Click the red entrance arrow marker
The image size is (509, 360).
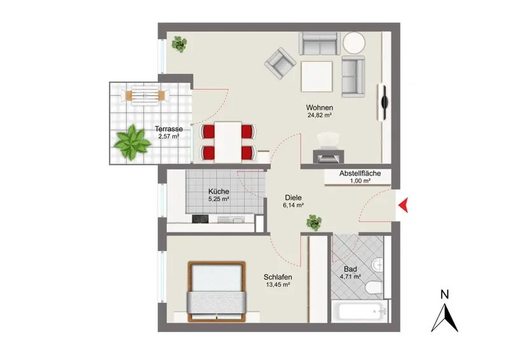click(404, 205)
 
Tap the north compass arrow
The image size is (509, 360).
click(445, 319)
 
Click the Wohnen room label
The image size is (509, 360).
click(319, 107)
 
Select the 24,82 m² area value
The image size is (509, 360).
click(319, 115)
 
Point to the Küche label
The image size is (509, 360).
click(219, 191)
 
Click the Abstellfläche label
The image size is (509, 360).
click(360, 174)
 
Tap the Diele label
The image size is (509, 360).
click(293, 197)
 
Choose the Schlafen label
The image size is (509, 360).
click(278, 277)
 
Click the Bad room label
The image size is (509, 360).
click(351, 269)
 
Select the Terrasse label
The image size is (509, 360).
click(169, 129)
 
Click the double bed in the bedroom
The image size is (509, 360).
click(216, 291)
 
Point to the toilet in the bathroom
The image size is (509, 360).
click(373, 287)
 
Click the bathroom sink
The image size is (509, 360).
click(377, 265)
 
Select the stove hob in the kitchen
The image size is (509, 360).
click(200, 219)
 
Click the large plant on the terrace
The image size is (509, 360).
click(132, 142)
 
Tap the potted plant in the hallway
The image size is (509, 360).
click(314, 223)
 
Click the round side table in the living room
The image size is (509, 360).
click(354, 43)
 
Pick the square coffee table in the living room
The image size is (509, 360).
click(317, 76)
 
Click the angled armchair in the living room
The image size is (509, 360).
click(280, 64)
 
